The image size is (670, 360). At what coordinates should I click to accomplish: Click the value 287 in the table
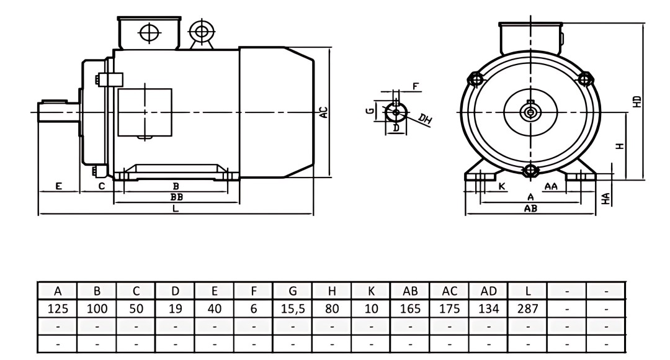527,308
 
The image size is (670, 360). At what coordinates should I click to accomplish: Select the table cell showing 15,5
293,308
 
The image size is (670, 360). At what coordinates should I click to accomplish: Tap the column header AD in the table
488,290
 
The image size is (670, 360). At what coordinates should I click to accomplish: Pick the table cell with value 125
58,308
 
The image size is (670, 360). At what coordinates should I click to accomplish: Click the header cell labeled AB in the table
410,290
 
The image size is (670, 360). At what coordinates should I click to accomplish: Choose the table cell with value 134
488,308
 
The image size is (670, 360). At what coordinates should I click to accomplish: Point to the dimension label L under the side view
176,209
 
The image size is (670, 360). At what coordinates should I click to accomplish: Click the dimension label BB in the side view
176,197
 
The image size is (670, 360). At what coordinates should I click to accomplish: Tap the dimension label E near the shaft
58,186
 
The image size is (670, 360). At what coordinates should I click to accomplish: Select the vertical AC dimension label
323,112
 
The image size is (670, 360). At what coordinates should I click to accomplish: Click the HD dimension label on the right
637,102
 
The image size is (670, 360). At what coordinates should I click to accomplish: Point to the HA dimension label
606,199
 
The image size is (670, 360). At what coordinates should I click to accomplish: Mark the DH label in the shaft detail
425,119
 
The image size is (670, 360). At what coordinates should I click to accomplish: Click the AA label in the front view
550,186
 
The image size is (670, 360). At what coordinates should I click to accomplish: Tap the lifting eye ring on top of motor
200,30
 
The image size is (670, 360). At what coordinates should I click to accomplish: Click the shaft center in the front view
530,112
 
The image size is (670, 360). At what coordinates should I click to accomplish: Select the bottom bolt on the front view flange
530,171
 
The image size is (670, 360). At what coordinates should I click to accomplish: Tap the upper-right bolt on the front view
584,79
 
